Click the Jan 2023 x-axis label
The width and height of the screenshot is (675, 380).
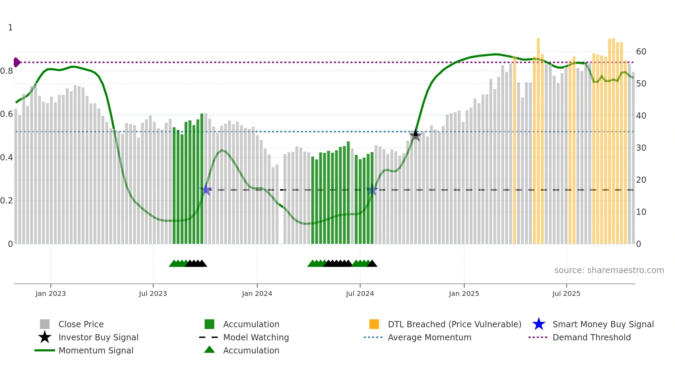[x=51, y=293]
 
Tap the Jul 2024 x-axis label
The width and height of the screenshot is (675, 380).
[x=360, y=293]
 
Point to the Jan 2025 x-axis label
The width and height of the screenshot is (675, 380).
[x=464, y=293]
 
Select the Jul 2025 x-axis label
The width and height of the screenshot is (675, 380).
[x=566, y=293]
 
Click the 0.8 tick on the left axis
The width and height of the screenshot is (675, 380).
[x=7, y=71]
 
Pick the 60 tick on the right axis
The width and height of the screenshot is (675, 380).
[x=641, y=52]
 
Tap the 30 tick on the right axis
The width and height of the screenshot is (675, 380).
[x=641, y=148]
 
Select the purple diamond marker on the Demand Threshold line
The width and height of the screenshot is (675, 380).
[x=17, y=62]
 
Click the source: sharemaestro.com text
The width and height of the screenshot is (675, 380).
[x=609, y=270]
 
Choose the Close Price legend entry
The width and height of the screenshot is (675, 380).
[x=81, y=324]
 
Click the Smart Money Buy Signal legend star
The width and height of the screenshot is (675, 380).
[x=539, y=324]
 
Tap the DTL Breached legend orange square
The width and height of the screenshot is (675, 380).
[x=374, y=324]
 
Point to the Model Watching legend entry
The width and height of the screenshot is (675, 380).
[x=256, y=337]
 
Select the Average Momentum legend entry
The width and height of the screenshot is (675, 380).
[x=429, y=337]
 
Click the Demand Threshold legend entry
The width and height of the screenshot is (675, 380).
[x=591, y=337]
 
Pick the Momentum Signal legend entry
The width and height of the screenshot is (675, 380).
[x=96, y=350]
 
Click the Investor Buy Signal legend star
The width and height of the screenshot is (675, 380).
[x=45, y=337]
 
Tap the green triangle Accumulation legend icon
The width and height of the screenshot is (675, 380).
[x=209, y=350]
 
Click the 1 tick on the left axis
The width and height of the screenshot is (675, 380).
[x=10, y=28]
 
